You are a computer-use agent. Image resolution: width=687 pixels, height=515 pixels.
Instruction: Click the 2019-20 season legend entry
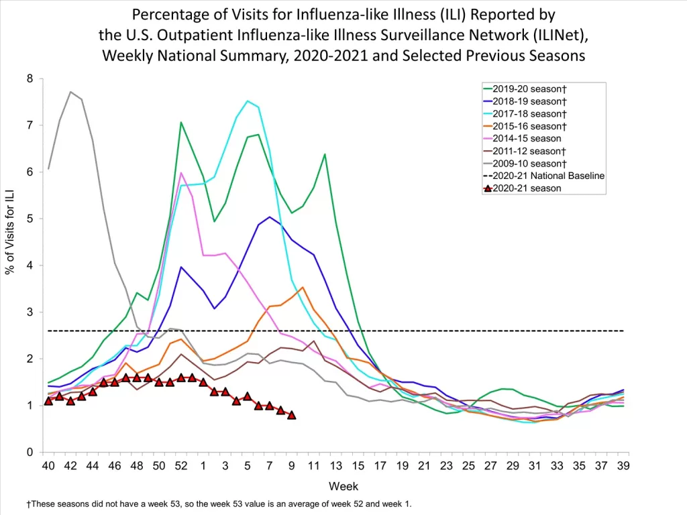click(529, 88)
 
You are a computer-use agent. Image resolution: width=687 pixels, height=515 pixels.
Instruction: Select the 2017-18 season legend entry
click(529, 113)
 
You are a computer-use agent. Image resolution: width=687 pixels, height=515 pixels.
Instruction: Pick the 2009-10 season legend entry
click(529, 163)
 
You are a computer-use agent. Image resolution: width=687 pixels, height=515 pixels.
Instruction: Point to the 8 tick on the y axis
click(30, 79)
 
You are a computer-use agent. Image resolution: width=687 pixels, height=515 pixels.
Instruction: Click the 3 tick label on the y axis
click(30, 312)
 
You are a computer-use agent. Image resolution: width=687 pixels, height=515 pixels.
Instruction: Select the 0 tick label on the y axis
click(30, 453)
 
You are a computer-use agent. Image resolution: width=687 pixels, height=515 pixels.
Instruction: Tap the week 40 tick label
click(48, 466)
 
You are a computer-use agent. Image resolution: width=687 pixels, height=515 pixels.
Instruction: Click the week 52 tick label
click(180, 466)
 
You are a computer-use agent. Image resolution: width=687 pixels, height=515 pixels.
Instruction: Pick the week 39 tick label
click(623, 466)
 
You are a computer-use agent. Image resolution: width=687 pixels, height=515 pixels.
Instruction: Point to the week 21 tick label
click(424, 466)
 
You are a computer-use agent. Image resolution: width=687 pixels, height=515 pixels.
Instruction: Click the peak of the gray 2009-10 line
click(70, 92)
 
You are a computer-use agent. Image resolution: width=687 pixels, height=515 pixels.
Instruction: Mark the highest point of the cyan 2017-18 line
click(247, 101)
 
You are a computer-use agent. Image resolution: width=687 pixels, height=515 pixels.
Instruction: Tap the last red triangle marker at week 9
click(291, 415)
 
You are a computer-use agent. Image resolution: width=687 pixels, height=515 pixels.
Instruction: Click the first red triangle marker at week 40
click(48, 401)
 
